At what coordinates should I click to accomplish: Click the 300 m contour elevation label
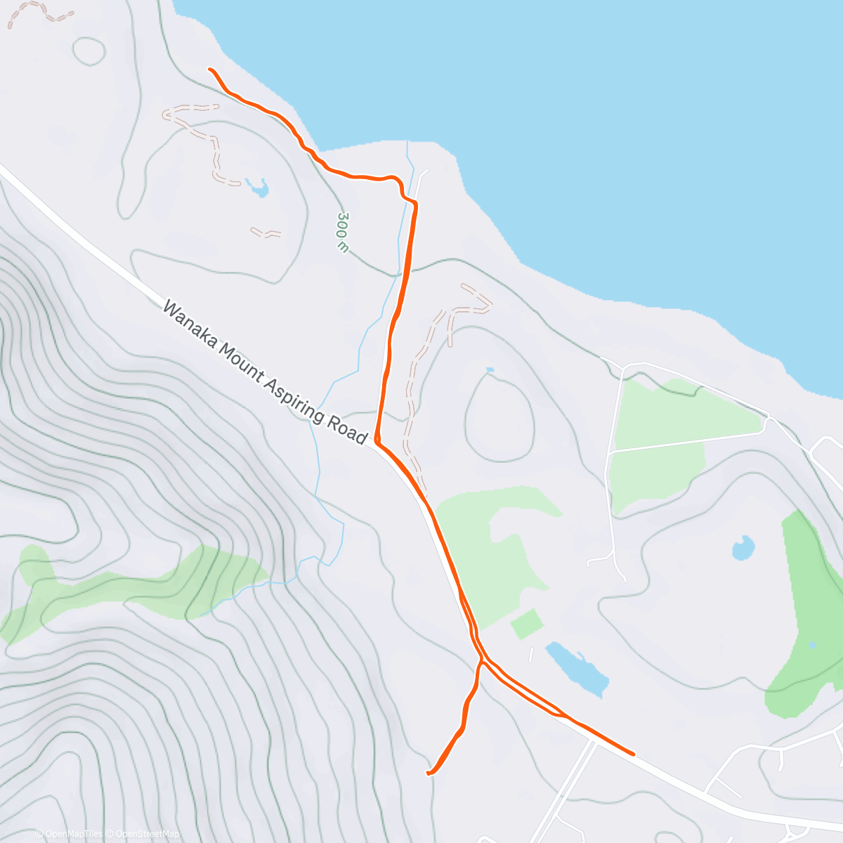pos(343,232)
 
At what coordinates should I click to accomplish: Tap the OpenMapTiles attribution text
pos(69,834)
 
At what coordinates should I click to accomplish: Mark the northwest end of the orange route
pos(210,70)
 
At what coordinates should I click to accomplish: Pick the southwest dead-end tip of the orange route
pos(429,773)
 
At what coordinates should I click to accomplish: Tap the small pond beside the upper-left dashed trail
pos(257,188)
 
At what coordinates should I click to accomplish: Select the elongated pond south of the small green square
pos(577,668)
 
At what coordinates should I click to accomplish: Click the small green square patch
pos(527,624)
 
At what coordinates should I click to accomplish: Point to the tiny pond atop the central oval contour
pos(490,370)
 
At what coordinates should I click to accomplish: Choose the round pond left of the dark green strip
pos(743,548)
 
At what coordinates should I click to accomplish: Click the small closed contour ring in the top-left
pos(89,51)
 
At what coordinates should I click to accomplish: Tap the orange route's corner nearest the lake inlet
pos(415,204)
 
